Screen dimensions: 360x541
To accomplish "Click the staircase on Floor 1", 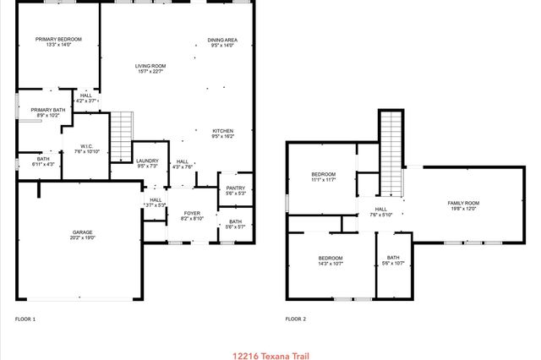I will [x=123, y=138].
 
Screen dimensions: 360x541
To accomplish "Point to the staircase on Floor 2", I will [x=391, y=152].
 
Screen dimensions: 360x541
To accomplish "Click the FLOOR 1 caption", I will [x=25, y=319].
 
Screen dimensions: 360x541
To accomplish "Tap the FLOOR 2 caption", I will [x=295, y=319].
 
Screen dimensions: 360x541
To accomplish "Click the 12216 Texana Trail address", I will [x=270, y=356].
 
